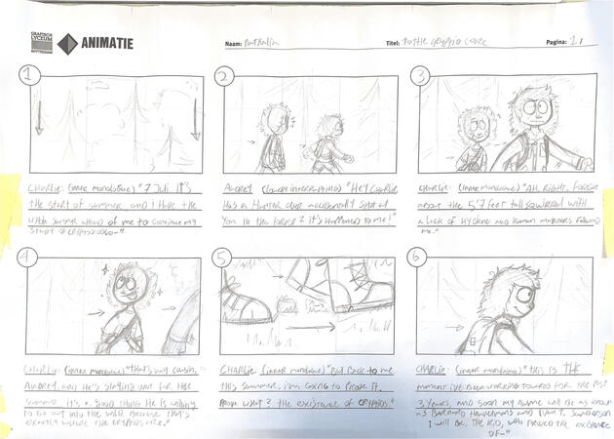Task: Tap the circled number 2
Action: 224,77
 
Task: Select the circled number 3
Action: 421,74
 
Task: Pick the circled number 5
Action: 224,259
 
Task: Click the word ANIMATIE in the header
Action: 108,43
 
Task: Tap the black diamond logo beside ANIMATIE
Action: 67,44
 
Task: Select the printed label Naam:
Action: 234,44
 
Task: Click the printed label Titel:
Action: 394,44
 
